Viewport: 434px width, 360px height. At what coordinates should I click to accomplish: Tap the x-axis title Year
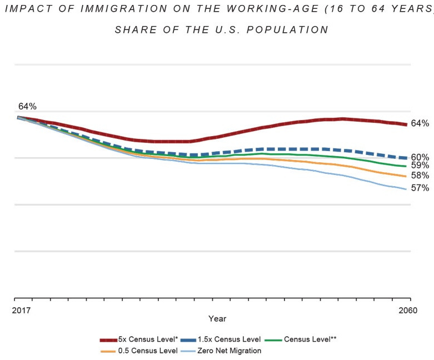coord(217,319)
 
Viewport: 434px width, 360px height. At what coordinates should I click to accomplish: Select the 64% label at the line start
coord(27,106)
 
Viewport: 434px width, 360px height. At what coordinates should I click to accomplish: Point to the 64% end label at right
coord(420,123)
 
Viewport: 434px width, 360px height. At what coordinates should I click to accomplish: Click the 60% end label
coord(420,157)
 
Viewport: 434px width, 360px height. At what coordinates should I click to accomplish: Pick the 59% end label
coord(420,166)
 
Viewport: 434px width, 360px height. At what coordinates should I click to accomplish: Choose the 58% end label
coord(420,176)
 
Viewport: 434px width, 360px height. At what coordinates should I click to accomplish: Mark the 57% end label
coord(420,188)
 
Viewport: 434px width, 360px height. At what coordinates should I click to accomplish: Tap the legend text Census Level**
coord(310,339)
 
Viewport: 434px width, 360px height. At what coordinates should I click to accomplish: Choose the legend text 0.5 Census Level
coord(147,351)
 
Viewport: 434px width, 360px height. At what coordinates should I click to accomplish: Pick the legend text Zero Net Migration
coord(230,351)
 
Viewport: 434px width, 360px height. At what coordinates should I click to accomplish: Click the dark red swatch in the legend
coord(108,340)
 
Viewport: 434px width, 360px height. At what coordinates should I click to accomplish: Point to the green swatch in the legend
coord(273,340)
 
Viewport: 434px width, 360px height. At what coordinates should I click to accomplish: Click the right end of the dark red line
coord(408,124)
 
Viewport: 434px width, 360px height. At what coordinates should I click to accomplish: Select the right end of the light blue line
coord(408,189)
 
